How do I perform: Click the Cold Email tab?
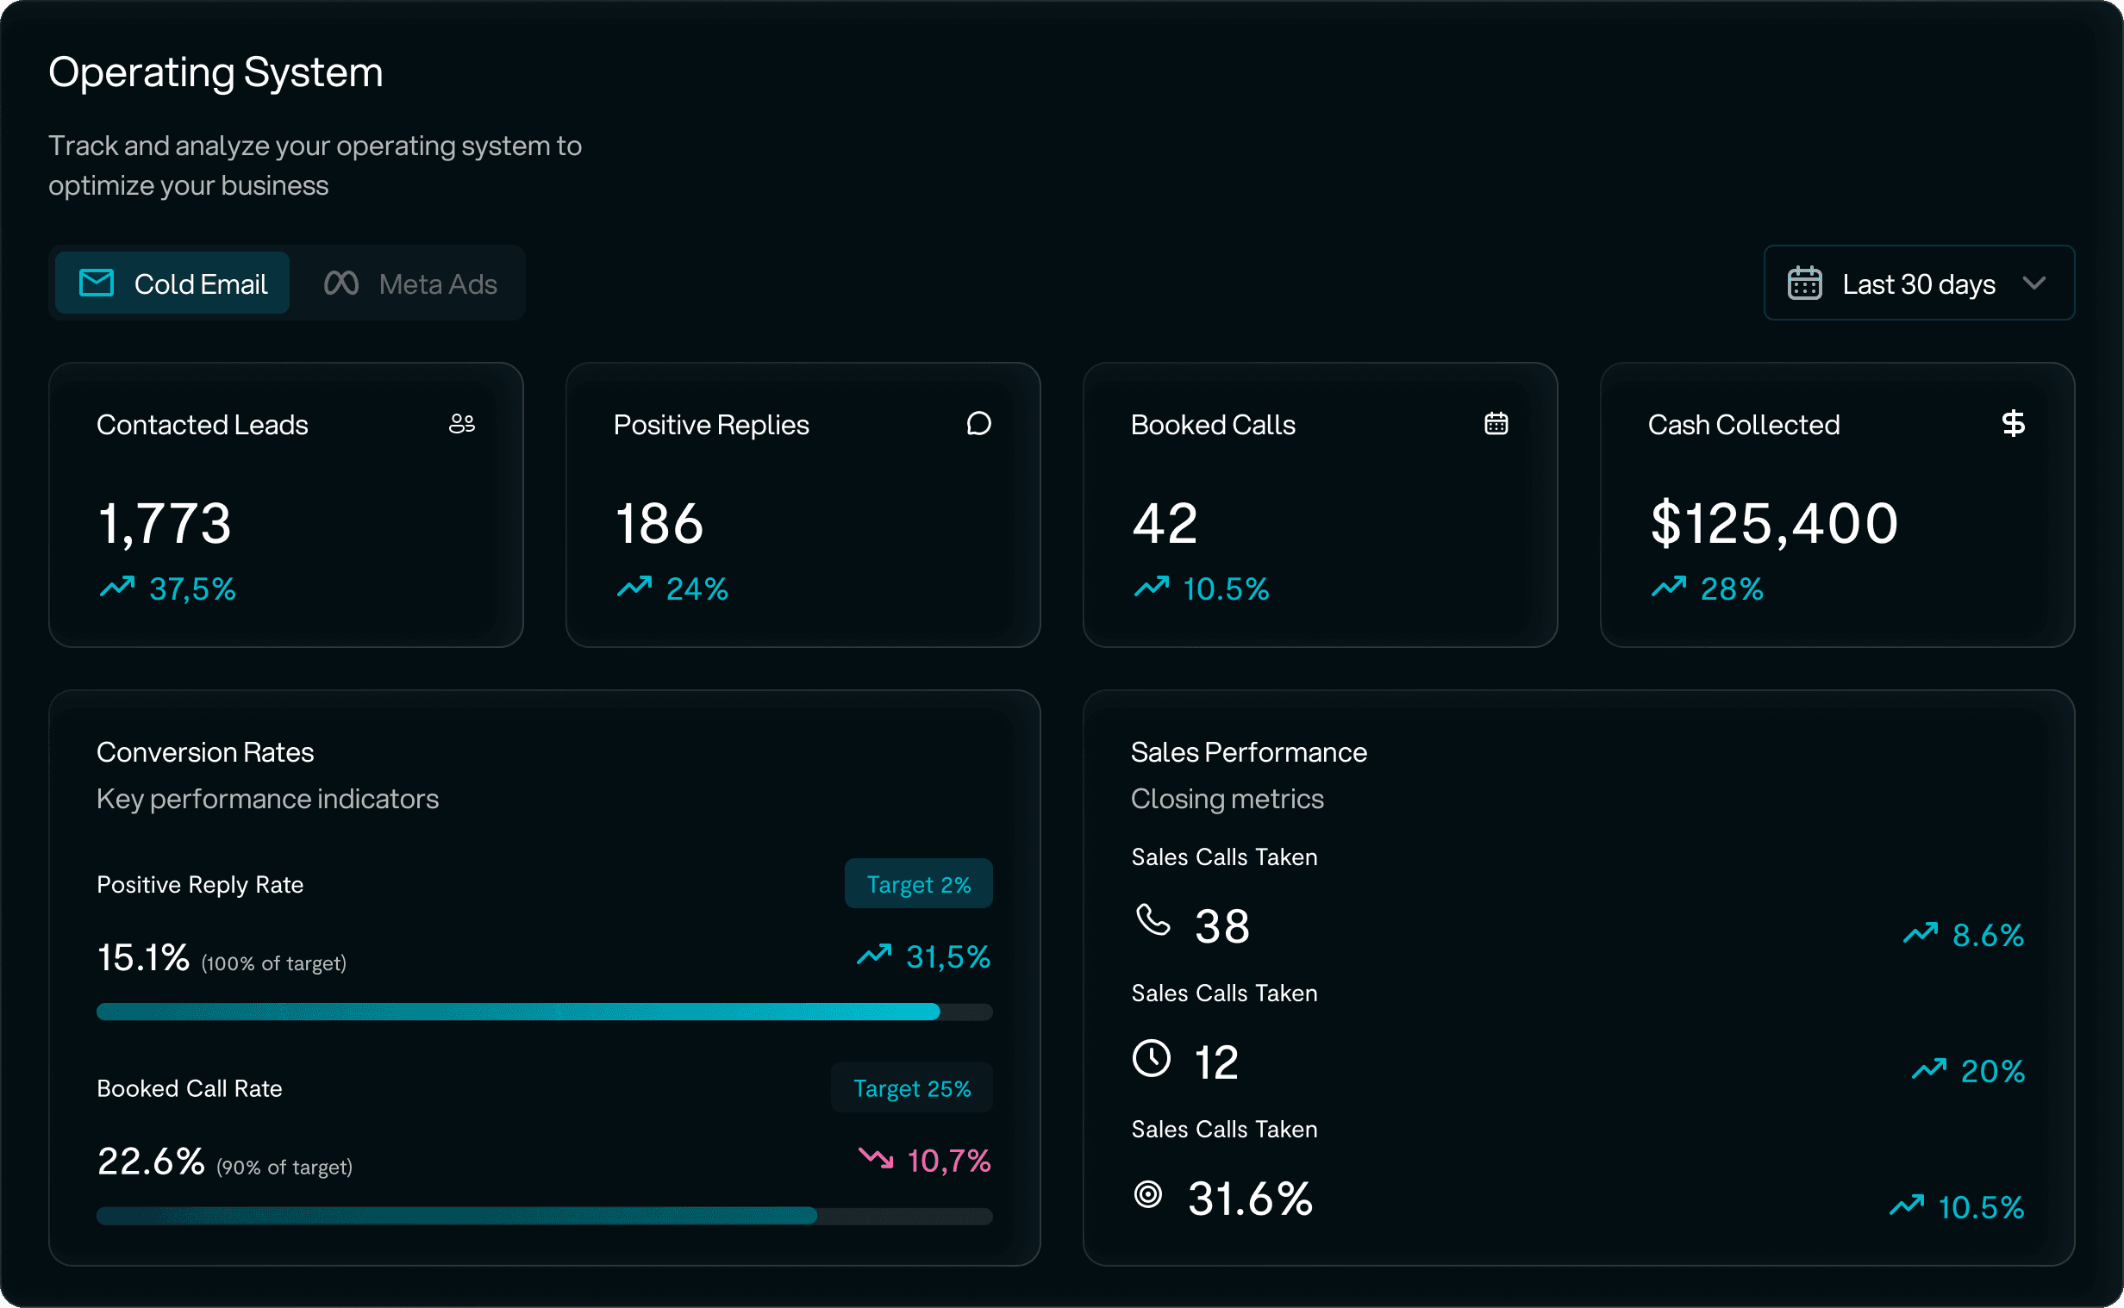173,283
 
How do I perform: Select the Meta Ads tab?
410,283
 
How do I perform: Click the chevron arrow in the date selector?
2035,283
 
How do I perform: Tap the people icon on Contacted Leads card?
462,424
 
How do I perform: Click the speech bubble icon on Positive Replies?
978,424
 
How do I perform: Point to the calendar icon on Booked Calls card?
1496,424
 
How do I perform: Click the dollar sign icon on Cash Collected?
2014,424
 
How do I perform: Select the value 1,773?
165,523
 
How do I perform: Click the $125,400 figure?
1774,523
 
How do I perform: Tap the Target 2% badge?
918,884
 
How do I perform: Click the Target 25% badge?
911,1088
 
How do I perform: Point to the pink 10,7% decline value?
947,1161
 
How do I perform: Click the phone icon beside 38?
1153,920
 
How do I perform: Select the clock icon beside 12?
1152,1058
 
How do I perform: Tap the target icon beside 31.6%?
1148,1194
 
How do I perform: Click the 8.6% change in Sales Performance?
1986,935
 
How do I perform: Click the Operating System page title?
216,72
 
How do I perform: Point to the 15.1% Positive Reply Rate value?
143,957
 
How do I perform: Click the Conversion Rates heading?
205,751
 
